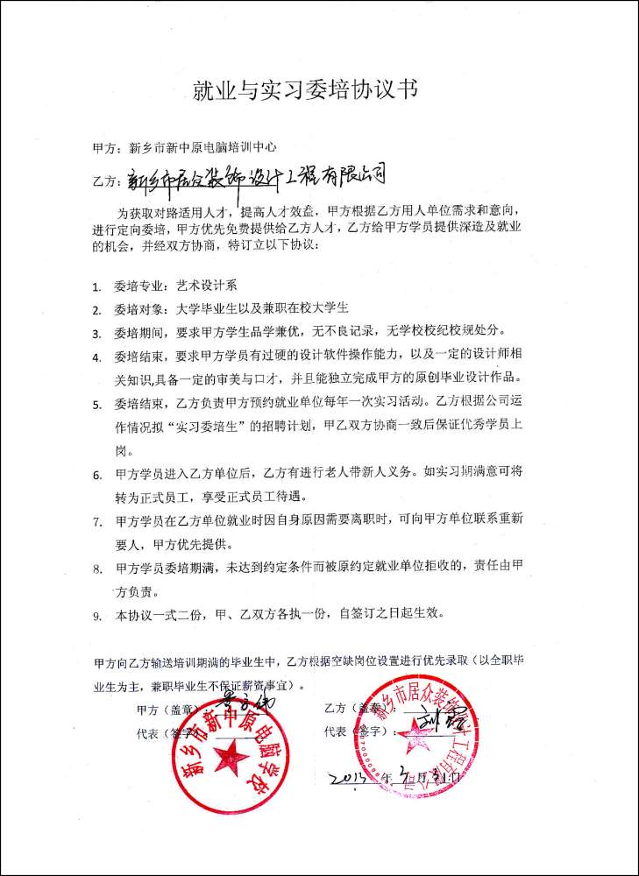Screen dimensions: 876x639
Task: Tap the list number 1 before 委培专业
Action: pos(96,286)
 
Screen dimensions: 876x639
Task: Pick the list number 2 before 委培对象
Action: pos(96,310)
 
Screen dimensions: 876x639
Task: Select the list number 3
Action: pos(96,334)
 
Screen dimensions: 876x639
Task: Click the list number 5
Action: pos(96,406)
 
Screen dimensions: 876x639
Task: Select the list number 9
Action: pos(96,616)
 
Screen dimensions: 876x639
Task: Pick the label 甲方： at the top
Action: pos(109,147)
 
